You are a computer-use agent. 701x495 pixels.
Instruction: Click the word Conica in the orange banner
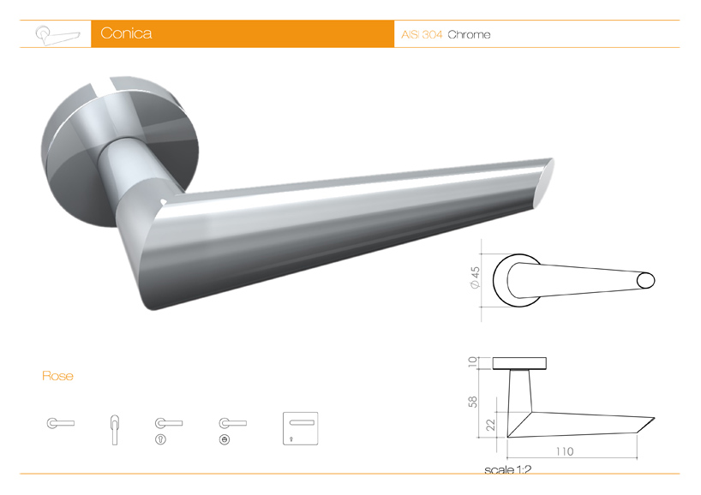(126, 34)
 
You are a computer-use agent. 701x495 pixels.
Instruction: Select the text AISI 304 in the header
(422, 35)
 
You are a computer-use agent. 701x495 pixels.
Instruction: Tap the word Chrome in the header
(469, 35)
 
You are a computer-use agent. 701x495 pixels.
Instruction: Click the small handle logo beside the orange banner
(56, 34)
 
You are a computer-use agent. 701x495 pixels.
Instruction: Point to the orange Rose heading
(57, 376)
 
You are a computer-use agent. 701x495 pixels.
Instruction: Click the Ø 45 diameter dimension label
(474, 280)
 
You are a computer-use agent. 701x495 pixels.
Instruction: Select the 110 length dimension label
(563, 451)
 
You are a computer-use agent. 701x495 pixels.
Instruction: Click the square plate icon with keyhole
(300, 427)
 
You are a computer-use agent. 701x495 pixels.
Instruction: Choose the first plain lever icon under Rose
(60, 423)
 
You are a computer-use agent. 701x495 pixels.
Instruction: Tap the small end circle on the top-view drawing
(645, 280)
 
